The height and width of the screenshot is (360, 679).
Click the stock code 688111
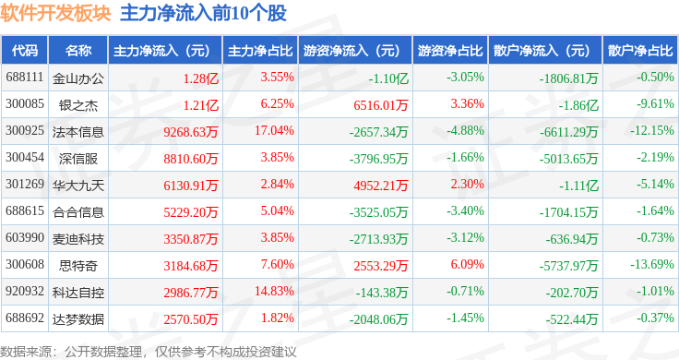point(25,78)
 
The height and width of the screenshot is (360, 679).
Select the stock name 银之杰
point(78,105)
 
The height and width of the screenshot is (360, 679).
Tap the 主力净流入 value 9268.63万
point(191,132)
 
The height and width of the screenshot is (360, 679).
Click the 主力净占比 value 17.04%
point(274,130)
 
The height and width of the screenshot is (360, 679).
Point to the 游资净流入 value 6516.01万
point(381,105)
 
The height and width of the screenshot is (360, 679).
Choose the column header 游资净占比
point(450,51)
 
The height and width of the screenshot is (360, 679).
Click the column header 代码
point(25,51)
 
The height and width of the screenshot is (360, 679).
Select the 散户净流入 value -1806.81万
point(568,78)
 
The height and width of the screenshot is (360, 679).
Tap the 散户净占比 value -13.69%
point(652,264)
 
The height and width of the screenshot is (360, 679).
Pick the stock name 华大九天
point(78,186)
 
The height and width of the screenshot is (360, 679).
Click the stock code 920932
point(25,291)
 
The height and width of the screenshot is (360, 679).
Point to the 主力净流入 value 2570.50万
point(191,319)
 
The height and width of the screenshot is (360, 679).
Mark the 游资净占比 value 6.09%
point(467,264)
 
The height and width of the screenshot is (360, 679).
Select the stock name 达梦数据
point(78,319)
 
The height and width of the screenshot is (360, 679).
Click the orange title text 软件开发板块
point(56,14)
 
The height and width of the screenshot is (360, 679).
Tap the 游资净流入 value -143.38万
point(382,293)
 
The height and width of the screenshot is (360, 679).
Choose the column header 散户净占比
point(640,51)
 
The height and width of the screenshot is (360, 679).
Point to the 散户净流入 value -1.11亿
point(579,186)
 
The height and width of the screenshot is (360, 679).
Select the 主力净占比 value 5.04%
point(277,211)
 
